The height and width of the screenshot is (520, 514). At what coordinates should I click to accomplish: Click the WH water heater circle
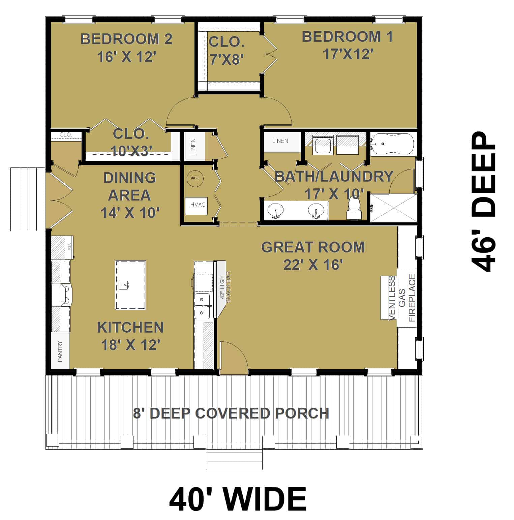click(194, 178)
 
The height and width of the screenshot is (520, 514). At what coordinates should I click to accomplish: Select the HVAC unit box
click(198, 205)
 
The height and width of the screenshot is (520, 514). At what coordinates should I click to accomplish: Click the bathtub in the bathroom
click(393, 144)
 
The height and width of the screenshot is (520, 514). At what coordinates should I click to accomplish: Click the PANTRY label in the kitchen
click(60, 351)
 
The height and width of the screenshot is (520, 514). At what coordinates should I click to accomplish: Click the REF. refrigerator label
click(69, 247)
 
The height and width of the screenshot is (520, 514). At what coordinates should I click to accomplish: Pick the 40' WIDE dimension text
click(238, 499)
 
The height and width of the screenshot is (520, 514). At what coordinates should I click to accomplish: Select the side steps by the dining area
click(28, 199)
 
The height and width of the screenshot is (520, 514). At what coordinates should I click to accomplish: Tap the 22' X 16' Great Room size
click(313, 265)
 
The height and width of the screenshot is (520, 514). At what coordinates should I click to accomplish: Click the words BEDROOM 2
click(126, 39)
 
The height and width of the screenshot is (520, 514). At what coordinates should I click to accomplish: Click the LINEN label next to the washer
click(280, 141)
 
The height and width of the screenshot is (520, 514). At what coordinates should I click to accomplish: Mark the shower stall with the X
click(393, 208)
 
